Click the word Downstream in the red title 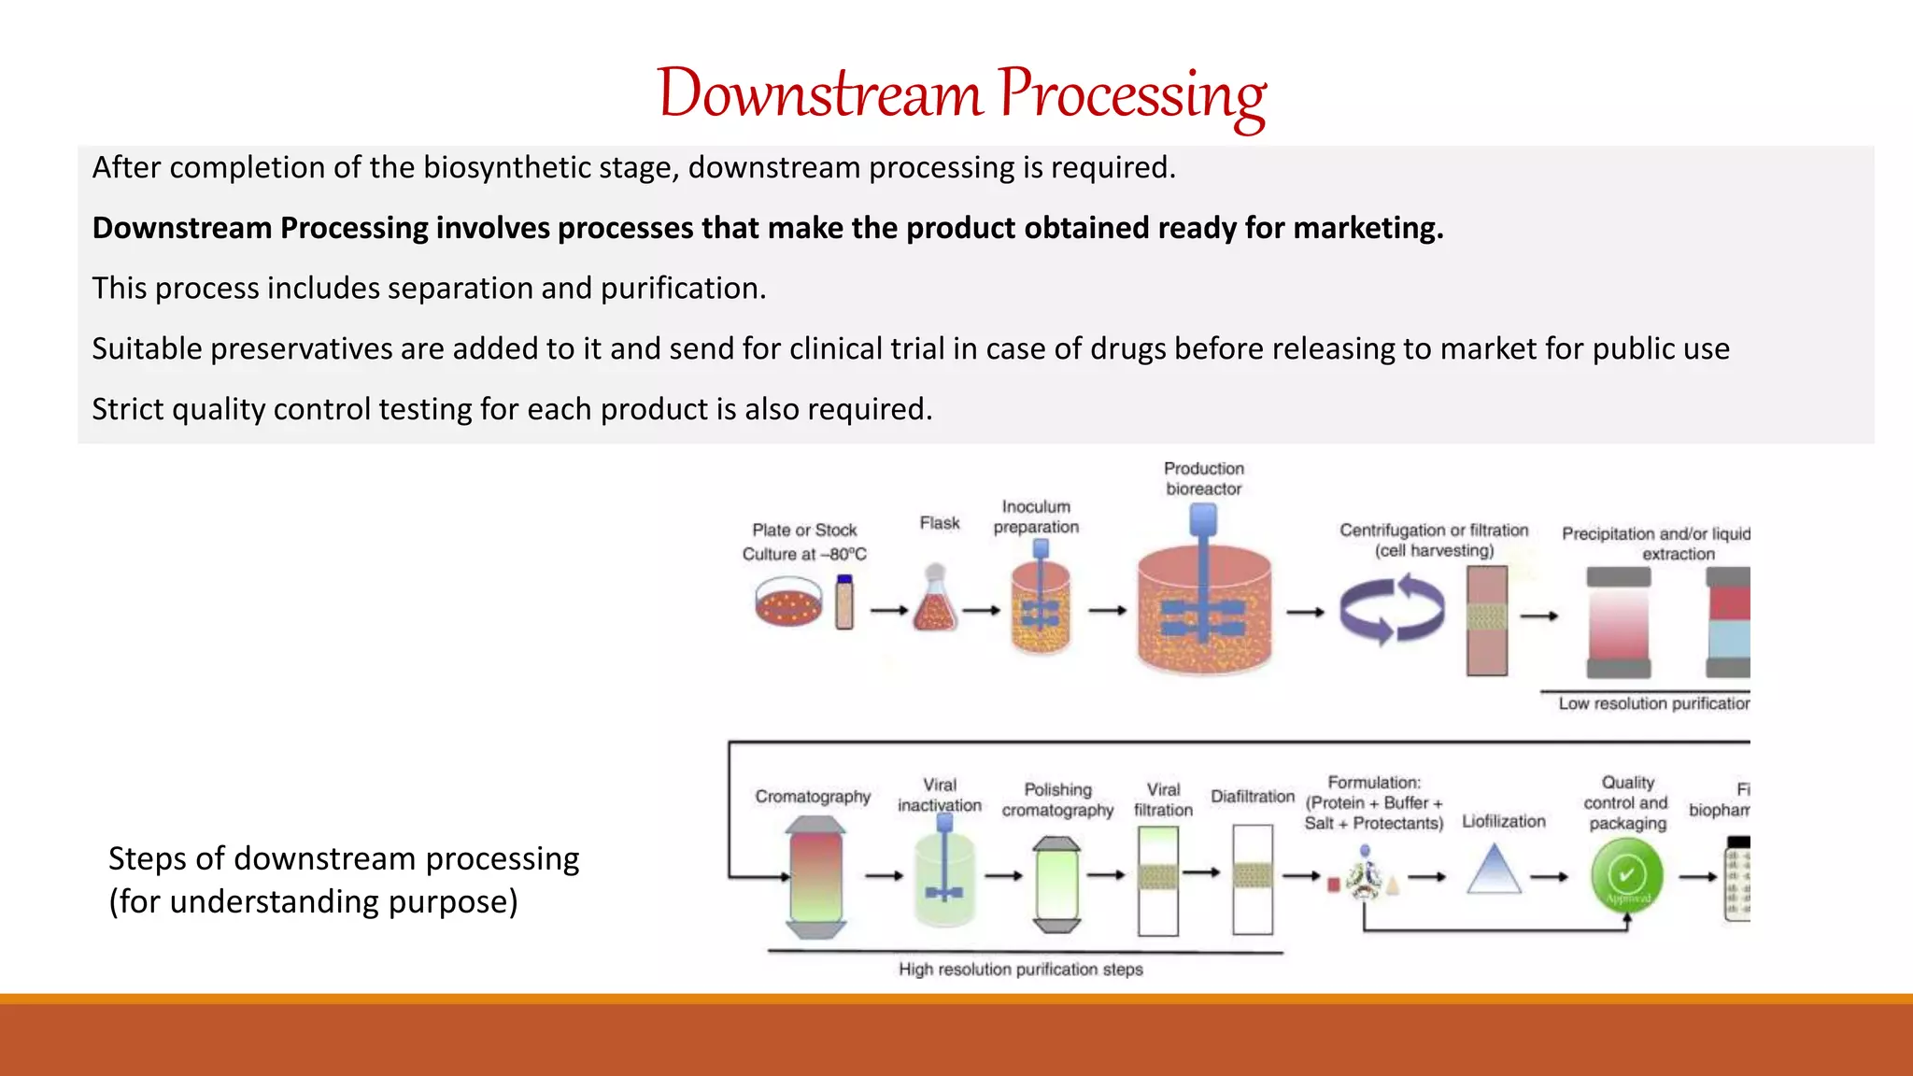click(819, 94)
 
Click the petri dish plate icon click(788, 602)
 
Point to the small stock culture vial click(844, 602)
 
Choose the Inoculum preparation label click(1036, 517)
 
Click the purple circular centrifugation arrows click(1392, 611)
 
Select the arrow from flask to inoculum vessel click(981, 611)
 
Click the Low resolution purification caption click(1651, 703)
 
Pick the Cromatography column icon click(815, 876)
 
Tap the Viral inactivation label click(940, 795)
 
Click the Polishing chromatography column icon click(1056, 884)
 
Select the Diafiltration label click(1253, 797)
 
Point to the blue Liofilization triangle click(1495, 871)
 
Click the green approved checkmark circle click(1627, 875)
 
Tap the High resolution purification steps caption click(1020, 970)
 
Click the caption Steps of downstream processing click(343, 858)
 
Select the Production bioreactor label click(1204, 478)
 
